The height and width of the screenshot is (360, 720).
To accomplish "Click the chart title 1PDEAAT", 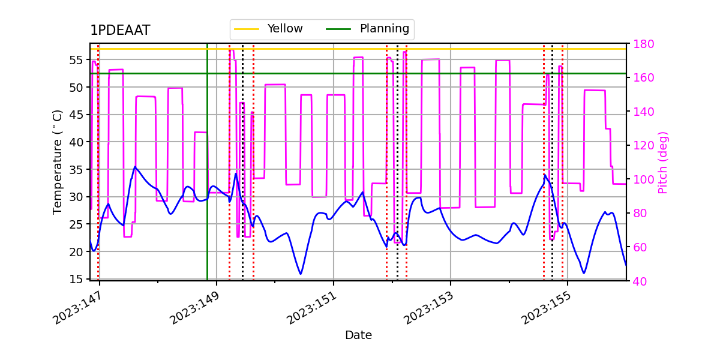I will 120,31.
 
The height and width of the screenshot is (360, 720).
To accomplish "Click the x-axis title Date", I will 358,335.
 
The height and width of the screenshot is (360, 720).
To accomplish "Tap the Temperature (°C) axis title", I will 58,161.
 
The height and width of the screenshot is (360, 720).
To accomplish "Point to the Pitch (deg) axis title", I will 662,162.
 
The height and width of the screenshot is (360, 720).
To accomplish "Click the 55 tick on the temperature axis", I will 76,60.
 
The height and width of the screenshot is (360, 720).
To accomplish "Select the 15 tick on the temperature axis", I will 76,279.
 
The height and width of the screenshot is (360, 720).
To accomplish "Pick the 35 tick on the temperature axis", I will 76,169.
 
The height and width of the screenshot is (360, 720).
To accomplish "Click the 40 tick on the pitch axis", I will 640,281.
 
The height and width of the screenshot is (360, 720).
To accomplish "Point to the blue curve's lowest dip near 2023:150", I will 301,274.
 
